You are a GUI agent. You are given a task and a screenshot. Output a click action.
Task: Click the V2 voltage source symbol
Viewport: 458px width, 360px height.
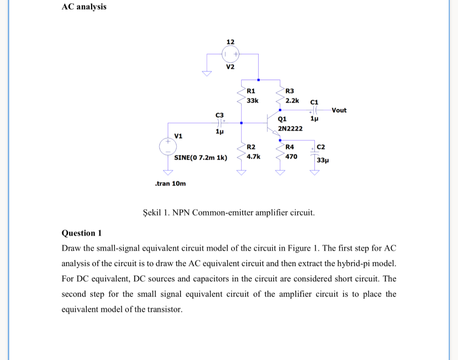(x=230, y=54)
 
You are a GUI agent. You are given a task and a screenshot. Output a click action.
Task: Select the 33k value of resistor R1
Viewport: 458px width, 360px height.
(x=253, y=101)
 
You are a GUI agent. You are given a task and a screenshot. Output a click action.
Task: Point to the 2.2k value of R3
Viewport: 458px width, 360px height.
(x=292, y=101)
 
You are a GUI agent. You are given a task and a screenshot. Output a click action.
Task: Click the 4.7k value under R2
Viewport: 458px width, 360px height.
(x=253, y=156)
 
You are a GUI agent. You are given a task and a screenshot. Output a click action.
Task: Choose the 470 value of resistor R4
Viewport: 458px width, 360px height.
(x=291, y=156)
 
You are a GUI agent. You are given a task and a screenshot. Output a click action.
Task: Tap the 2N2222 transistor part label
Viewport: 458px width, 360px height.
(x=290, y=128)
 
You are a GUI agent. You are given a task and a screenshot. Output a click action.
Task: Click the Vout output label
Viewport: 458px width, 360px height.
(x=339, y=110)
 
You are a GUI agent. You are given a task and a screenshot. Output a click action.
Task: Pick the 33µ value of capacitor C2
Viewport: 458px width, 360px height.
(x=322, y=160)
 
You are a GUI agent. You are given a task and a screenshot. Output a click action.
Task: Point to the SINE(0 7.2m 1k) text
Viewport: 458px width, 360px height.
(x=200, y=158)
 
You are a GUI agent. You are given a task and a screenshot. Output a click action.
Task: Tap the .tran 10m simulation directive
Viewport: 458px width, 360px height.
(x=171, y=184)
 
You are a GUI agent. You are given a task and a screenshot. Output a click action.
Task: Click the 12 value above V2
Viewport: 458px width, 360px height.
(x=230, y=42)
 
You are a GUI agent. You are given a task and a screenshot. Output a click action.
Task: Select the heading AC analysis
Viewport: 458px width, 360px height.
(x=84, y=7)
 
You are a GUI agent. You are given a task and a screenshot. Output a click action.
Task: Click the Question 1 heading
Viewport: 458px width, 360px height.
(x=82, y=233)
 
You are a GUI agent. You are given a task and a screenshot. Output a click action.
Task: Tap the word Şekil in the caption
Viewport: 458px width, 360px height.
(x=152, y=213)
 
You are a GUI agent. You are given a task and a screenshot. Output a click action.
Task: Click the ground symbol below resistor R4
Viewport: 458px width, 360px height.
(x=280, y=173)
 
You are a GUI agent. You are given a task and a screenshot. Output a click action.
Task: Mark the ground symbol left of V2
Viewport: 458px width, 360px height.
(x=207, y=73)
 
